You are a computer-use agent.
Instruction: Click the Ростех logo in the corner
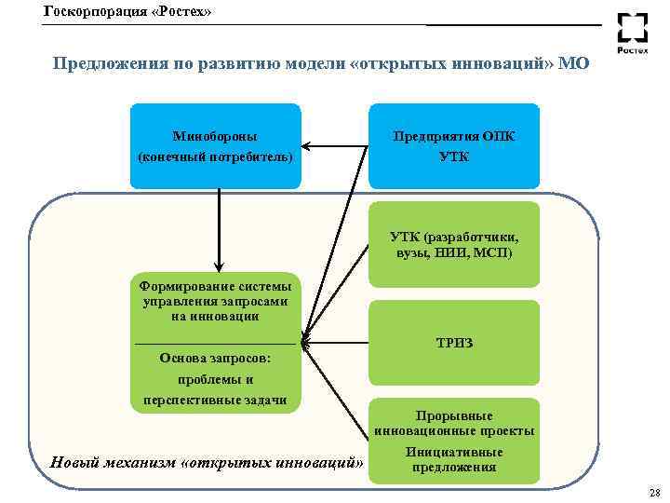pyautogui.click(x=633, y=35)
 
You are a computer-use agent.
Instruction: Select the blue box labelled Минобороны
pyautogui.click(x=216, y=145)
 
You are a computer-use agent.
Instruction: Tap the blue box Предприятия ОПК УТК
pyautogui.click(x=454, y=145)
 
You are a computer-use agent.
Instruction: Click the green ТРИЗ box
pyautogui.click(x=454, y=343)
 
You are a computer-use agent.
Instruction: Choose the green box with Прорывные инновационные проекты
pyautogui.click(x=454, y=421)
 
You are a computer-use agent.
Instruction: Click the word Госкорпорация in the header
pyautogui.click(x=89, y=11)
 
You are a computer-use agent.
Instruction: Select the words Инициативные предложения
pyautogui.click(x=454, y=459)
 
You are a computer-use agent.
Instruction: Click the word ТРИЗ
pyautogui.click(x=454, y=343)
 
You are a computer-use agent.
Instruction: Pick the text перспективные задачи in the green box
pyautogui.click(x=215, y=401)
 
